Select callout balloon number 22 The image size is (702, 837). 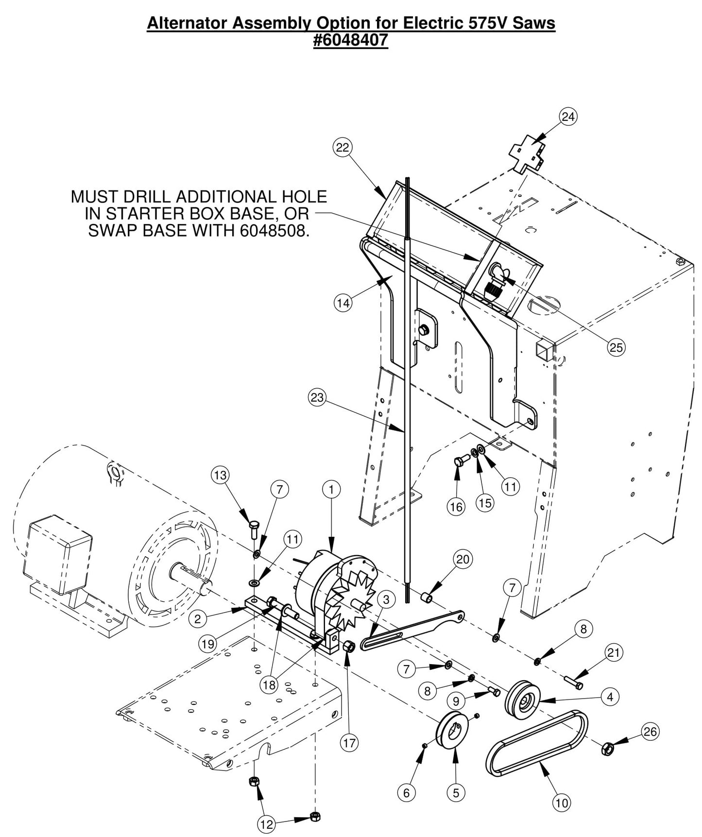[x=342, y=147]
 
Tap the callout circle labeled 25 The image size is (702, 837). [x=616, y=347]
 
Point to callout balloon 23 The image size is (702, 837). [x=317, y=397]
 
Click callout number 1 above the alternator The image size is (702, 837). [x=331, y=490]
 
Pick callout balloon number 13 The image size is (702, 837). [x=221, y=475]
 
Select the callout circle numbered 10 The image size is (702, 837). [x=562, y=803]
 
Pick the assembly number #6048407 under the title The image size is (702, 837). [x=351, y=40]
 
